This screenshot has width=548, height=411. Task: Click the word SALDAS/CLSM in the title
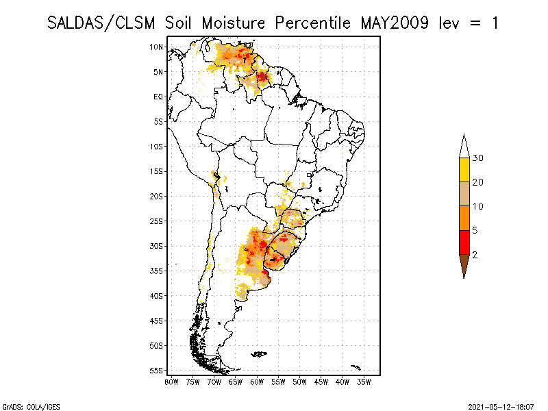point(103,23)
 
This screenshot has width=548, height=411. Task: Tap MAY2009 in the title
point(396,23)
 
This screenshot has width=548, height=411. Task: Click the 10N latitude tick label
point(156,47)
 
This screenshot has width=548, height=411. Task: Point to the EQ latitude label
point(158,97)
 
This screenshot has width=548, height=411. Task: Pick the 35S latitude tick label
point(156,271)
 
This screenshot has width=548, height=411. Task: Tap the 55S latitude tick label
point(156,371)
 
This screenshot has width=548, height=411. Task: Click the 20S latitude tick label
point(156,196)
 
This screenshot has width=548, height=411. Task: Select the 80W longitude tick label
point(171,382)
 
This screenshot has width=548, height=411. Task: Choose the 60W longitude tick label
point(257,382)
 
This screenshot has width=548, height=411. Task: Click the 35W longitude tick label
point(364,382)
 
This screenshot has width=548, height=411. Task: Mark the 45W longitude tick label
point(321,382)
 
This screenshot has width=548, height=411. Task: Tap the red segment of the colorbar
point(464,242)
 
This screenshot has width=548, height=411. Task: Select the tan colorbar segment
point(464,194)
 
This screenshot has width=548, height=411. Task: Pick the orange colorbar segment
point(464,218)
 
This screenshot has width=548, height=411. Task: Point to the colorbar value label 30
point(479,158)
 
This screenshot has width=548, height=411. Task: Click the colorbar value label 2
point(475,254)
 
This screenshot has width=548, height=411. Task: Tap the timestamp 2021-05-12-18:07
point(501,406)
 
